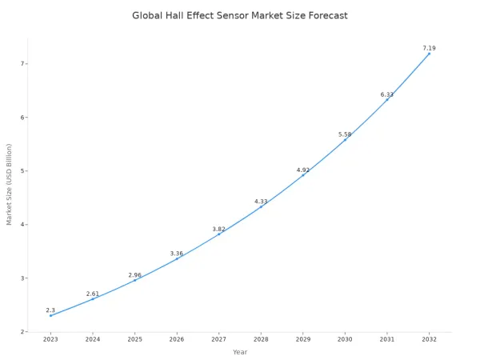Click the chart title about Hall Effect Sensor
pyautogui.click(x=240, y=15)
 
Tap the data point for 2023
pyautogui.click(x=50, y=315)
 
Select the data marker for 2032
pyautogui.click(x=430, y=54)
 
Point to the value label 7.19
pyautogui.click(x=430, y=48)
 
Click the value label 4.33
pyautogui.click(x=261, y=201)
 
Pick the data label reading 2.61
pyautogui.click(x=93, y=294)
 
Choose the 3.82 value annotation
pyautogui.click(x=219, y=229)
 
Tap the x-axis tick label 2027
pyautogui.click(x=219, y=339)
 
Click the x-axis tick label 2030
pyautogui.click(x=345, y=339)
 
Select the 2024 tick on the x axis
pyautogui.click(x=93, y=339)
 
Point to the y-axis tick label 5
pyautogui.click(x=22, y=171)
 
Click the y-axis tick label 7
pyautogui.click(x=22, y=64)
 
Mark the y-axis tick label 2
pyautogui.click(x=22, y=332)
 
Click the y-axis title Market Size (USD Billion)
pyautogui.click(x=9, y=184)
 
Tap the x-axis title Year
pyautogui.click(x=240, y=352)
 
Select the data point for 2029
pyautogui.click(x=303, y=174)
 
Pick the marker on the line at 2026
pyautogui.click(x=177, y=258)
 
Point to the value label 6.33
pyautogui.click(x=387, y=94)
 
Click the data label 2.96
pyautogui.click(x=134, y=275)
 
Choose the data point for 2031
pyautogui.click(x=387, y=99)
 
